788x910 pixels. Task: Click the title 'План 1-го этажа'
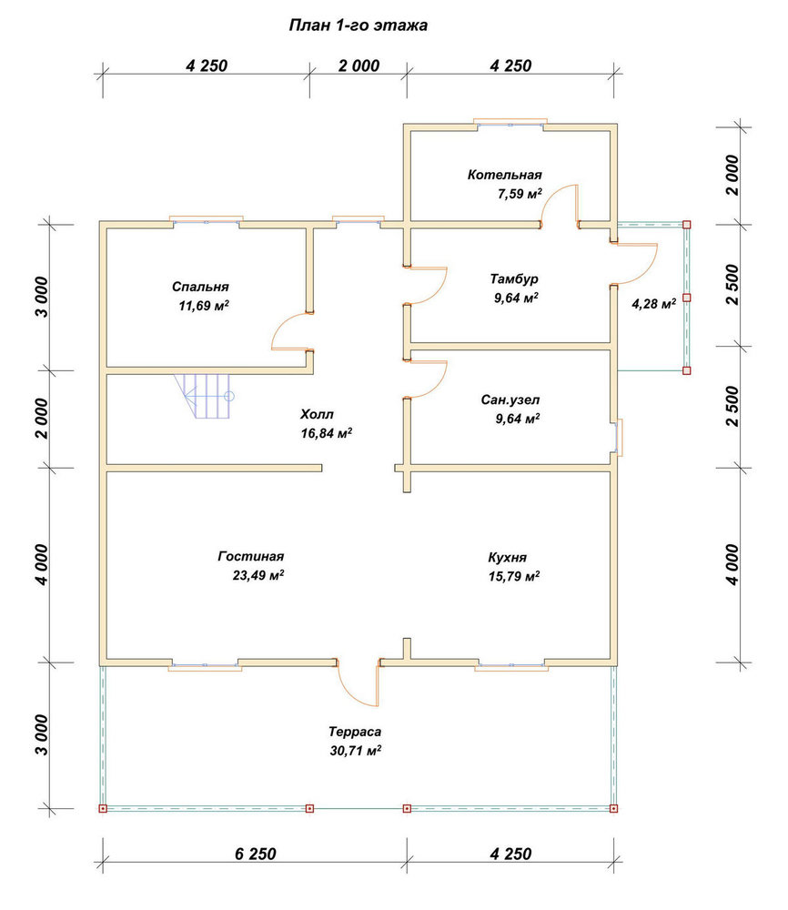358,25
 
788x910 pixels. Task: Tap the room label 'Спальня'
200,287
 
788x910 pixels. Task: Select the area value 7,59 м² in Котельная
520,194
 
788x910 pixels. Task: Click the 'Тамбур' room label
514,279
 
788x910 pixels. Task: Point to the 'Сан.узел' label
510,400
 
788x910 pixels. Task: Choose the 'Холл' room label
317,414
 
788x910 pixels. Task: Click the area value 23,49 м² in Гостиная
258,575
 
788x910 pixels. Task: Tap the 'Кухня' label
507,558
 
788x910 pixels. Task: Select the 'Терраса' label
355,732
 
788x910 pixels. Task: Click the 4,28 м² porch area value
653,304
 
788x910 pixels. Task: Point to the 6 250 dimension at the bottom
256,854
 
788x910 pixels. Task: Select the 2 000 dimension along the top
359,66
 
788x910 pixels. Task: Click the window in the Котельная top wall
510,123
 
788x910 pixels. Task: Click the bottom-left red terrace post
103,808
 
